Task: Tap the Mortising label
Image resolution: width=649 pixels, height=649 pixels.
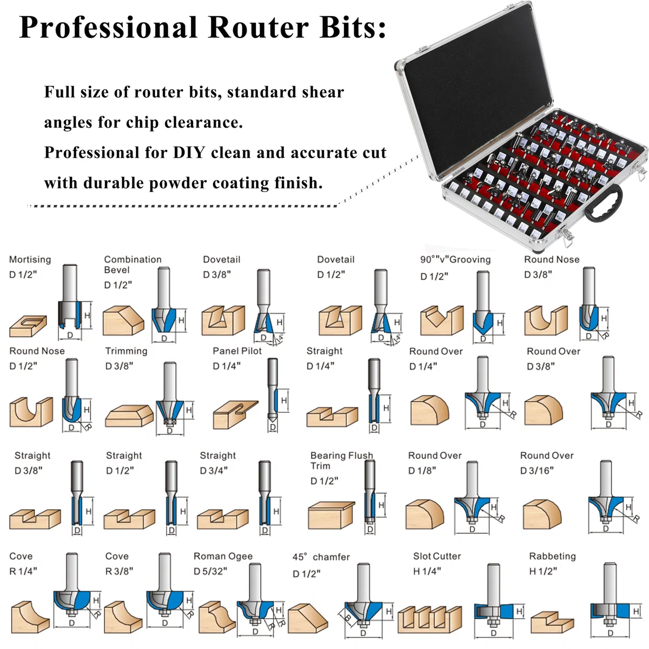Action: point(30,260)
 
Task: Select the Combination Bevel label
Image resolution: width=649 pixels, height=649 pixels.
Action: point(133,264)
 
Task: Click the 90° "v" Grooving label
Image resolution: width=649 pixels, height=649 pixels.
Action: point(455,260)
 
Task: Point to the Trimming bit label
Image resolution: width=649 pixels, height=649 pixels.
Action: point(127,351)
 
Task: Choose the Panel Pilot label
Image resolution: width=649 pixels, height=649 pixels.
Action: point(237,351)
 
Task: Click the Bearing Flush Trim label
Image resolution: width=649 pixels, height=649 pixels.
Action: point(341,460)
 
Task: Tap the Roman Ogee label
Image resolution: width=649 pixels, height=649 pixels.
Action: point(223,557)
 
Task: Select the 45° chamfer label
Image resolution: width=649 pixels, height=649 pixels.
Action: point(321,557)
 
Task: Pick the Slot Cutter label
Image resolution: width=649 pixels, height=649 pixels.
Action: point(437,556)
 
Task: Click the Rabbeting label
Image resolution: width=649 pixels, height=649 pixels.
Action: point(552,557)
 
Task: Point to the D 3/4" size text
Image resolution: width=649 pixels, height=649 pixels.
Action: point(214,471)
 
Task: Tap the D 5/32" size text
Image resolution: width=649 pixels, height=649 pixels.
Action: point(210,572)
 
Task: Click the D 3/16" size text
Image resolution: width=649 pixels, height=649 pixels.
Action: point(537,471)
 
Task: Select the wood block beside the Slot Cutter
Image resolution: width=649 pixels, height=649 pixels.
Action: point(430,619)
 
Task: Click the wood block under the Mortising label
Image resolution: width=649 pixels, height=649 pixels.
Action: point(28,326)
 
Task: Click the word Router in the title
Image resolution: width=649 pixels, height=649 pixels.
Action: point(259,27)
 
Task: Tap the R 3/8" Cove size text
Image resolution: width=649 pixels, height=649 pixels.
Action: point(119,572)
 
